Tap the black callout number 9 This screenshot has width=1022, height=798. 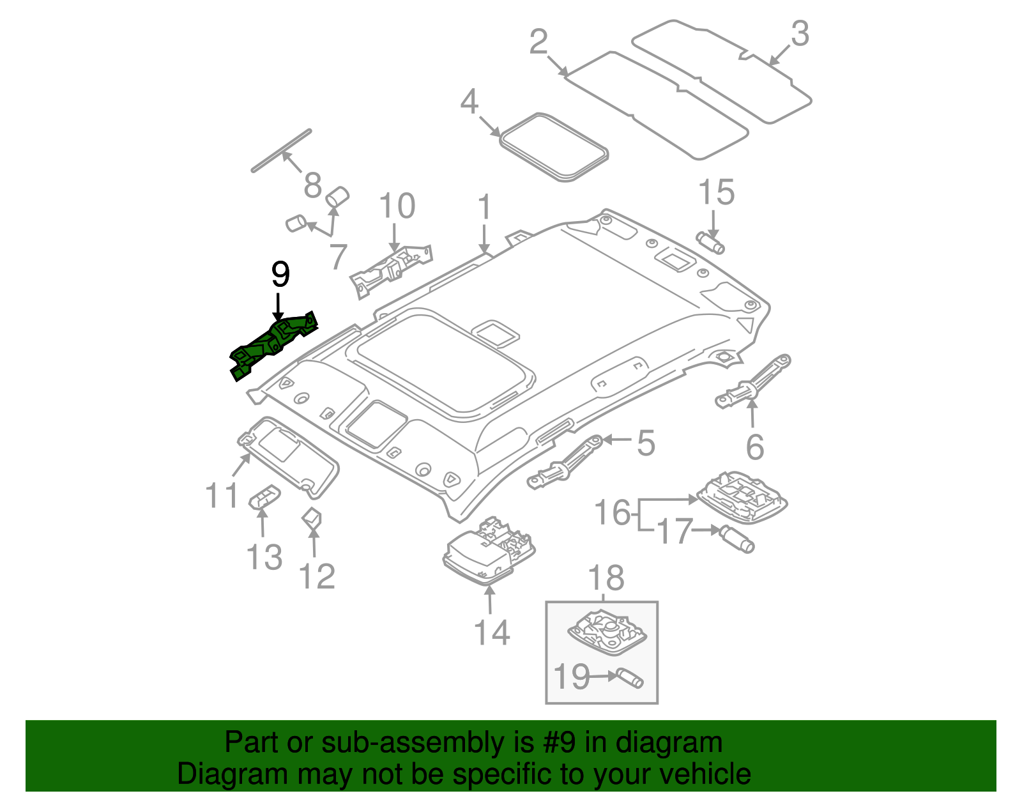[x=280, y=275]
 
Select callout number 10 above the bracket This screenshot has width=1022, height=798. [x=397, y=206]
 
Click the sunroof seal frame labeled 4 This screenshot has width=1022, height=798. [x=553, y=146]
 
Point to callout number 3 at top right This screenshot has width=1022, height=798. [x=800, y=34]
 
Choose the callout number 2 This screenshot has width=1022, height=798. [x=538, y=42]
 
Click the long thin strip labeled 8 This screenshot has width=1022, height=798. [x=281, y=151]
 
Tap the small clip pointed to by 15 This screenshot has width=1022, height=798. [x=710, y=243]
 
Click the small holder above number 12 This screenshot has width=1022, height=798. [x=312, y=518]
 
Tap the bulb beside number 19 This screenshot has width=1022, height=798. [x=629, y=678]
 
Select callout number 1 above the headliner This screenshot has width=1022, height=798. [x=485, y=208]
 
